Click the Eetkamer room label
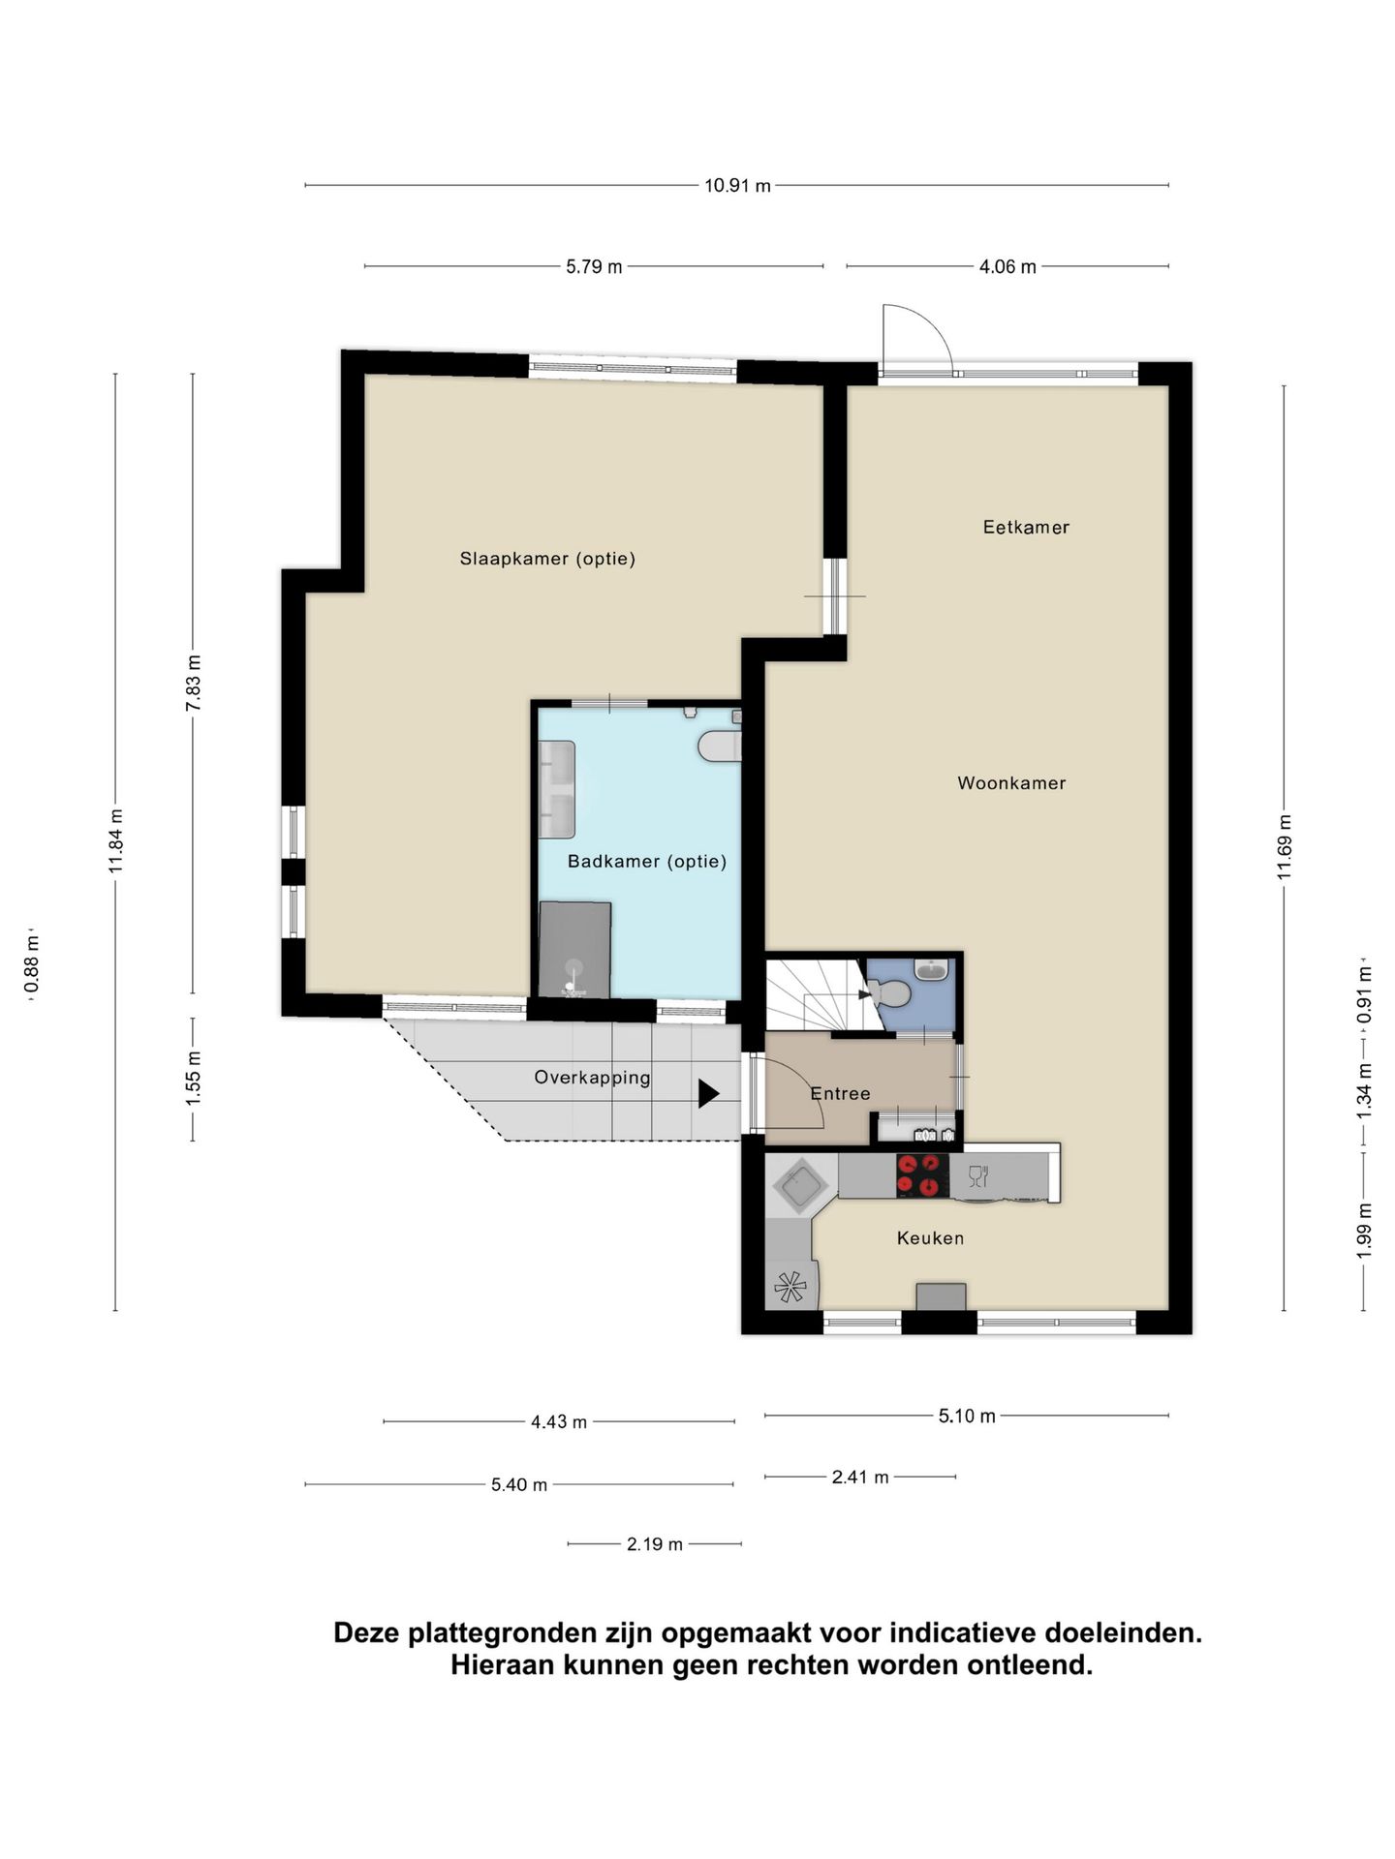click(1026, 528)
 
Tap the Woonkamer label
click(1011, 783)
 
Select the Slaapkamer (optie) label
click(547, 559)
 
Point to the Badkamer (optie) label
click(647, 861)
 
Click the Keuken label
click(930, 1237)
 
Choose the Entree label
click(840, 1093)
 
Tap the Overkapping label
click(592, 1078)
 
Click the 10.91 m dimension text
click(737, 186)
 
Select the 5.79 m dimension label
click(594, 267)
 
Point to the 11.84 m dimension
click(116, 840)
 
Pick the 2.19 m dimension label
click(654, 1544)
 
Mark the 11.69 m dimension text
click(1285, 847)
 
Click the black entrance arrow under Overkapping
click(709, 1094)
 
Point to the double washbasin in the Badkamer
click(557, 789)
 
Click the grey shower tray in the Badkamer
click(574, 950)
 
